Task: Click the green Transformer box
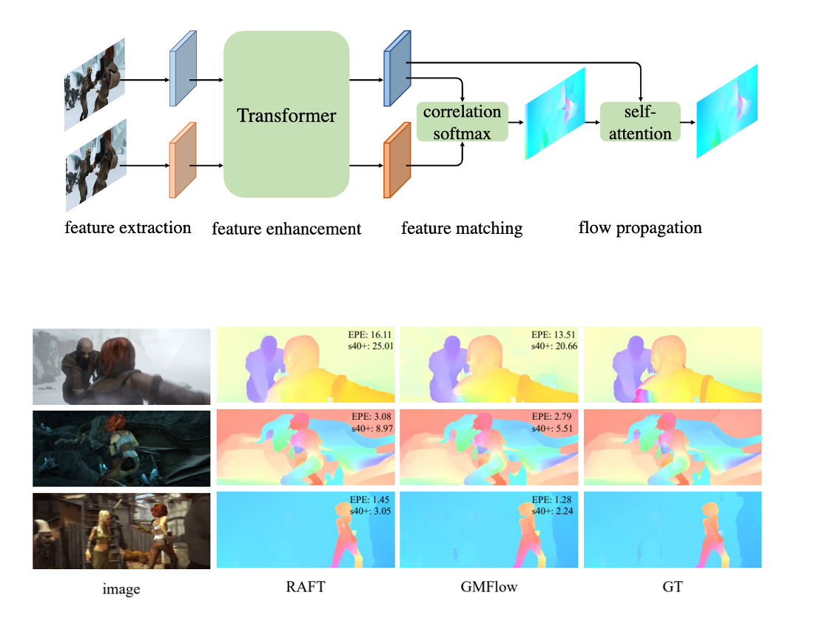[286, 115]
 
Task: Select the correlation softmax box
[462, 122]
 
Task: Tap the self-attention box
[639, 122]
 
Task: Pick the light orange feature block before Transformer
[182, 161]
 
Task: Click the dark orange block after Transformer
[397, 161]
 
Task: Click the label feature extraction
[127, 227]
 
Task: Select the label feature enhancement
[286, 228]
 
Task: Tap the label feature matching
[462, 228]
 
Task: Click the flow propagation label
[639, 227]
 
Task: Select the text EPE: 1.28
[556, 498]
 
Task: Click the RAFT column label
[305, 587]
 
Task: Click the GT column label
[673, 587]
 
